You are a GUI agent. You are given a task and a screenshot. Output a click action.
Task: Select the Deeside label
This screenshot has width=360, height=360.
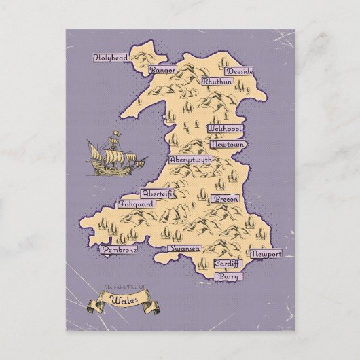221,71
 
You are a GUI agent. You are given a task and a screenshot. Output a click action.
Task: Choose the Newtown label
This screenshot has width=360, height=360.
227,145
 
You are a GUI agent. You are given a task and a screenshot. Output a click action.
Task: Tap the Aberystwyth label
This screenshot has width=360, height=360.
190,160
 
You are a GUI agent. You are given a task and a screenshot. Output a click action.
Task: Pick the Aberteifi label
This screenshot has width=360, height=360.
157,194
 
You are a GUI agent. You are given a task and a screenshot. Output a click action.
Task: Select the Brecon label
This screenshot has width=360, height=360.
226,200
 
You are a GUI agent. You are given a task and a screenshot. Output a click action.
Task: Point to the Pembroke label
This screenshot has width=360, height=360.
120,250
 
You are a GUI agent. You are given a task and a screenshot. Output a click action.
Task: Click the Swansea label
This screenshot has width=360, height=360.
183,249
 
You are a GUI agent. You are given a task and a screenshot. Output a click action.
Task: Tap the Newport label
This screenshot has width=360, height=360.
265,254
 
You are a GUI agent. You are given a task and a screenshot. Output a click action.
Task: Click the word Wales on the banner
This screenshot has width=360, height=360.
122,297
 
